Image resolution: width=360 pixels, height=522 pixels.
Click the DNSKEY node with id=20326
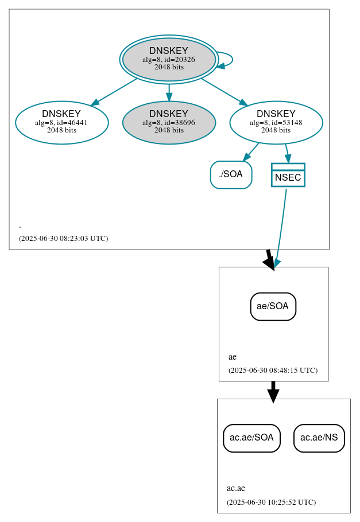[169, 59]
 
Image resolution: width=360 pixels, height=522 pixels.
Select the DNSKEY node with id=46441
[62, 122]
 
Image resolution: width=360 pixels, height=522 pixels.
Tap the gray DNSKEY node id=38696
[169, 122]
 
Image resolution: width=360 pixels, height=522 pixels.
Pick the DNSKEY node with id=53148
[276, 122]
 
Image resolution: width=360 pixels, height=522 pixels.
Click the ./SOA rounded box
[231, 175]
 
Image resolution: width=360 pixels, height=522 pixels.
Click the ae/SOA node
[273, 306]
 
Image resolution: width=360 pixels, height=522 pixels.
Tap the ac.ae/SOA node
[251, 438]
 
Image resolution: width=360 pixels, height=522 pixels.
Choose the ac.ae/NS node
[319, 438]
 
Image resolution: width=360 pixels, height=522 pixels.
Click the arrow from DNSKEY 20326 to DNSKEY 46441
[114, 92]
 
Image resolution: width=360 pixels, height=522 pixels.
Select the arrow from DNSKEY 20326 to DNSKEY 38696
[169, 91]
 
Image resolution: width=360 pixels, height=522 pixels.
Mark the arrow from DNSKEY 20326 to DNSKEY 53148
[224, 92]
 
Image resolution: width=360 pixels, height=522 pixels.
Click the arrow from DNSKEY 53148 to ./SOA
[251, 152]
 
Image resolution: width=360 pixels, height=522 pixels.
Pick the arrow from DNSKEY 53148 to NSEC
[287, 153]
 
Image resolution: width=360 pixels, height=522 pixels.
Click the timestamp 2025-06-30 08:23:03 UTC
[63, 238]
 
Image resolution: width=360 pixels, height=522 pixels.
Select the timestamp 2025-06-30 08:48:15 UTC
[273, 371]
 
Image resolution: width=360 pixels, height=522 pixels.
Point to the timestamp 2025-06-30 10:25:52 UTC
[271, 502]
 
